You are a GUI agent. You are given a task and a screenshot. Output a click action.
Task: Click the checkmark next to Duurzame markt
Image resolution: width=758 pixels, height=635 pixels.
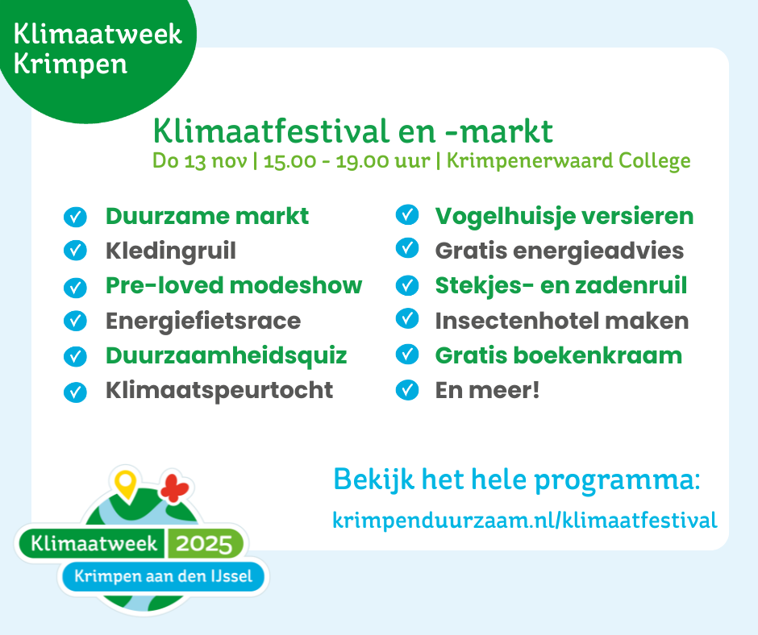pos(75,217)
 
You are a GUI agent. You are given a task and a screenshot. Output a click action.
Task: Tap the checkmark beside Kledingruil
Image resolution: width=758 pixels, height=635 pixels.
pos(75,251)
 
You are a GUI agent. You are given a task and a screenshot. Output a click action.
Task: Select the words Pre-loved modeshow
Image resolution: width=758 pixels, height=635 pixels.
pos(234,285)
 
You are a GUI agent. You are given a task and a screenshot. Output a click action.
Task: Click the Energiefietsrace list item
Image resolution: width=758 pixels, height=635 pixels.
pos(203,321)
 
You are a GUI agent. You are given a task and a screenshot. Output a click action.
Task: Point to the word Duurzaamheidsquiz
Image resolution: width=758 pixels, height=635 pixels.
pos(227,355)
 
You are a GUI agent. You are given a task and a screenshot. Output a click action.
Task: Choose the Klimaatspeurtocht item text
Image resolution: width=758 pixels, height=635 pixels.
pos(219,391)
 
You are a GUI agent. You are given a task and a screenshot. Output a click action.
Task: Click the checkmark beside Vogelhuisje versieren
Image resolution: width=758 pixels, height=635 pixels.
pos(407,214)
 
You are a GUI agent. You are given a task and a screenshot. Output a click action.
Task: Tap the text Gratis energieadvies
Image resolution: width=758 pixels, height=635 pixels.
pos(560,251)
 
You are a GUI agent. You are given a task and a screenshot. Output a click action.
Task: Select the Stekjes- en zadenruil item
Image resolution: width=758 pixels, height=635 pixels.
pos(560,285)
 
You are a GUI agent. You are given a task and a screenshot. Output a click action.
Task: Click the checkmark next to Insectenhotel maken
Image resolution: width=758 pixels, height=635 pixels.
pos(407,318)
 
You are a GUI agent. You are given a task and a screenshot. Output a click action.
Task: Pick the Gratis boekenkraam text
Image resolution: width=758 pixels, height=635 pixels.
pos(558,355)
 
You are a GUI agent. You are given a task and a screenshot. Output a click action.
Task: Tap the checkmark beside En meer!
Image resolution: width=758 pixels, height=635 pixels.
pos(407,390)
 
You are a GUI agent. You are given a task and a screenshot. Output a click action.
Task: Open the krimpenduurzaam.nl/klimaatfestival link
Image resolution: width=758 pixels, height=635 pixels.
pos(524,521)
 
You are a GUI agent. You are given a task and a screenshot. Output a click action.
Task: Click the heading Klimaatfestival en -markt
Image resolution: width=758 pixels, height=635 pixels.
pos(353,131)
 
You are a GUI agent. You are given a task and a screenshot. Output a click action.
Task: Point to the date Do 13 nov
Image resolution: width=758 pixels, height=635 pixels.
pos(200,161)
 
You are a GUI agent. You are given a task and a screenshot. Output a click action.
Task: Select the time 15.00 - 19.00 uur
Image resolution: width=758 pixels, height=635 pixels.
pos(346,161)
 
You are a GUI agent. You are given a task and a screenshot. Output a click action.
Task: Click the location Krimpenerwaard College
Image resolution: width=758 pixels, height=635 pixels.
pos(568,161)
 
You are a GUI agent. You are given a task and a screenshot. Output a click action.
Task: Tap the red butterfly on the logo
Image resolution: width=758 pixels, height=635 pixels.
pos(174,488)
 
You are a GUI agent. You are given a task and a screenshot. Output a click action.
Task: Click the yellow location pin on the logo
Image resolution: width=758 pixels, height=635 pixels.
pos(125,484)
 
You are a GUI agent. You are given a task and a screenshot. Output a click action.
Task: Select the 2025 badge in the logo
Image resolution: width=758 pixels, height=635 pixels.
pos(204,544)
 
